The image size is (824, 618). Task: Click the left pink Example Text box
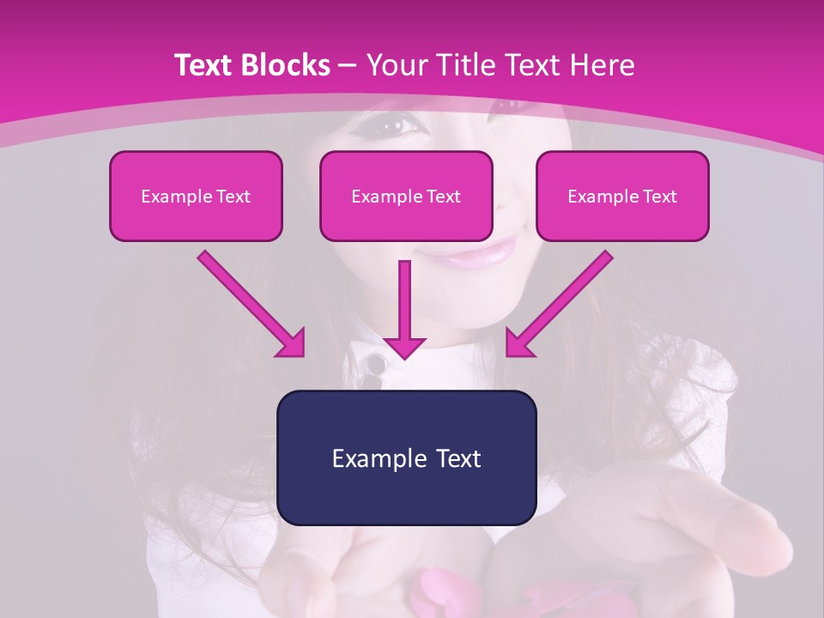[x=196, y=196]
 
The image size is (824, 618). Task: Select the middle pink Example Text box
[x=406, y=196]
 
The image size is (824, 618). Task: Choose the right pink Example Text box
[x=622, y=196]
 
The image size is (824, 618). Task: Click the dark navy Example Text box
[x=406, y=457]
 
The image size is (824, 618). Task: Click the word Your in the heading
[x=394, y=65]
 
